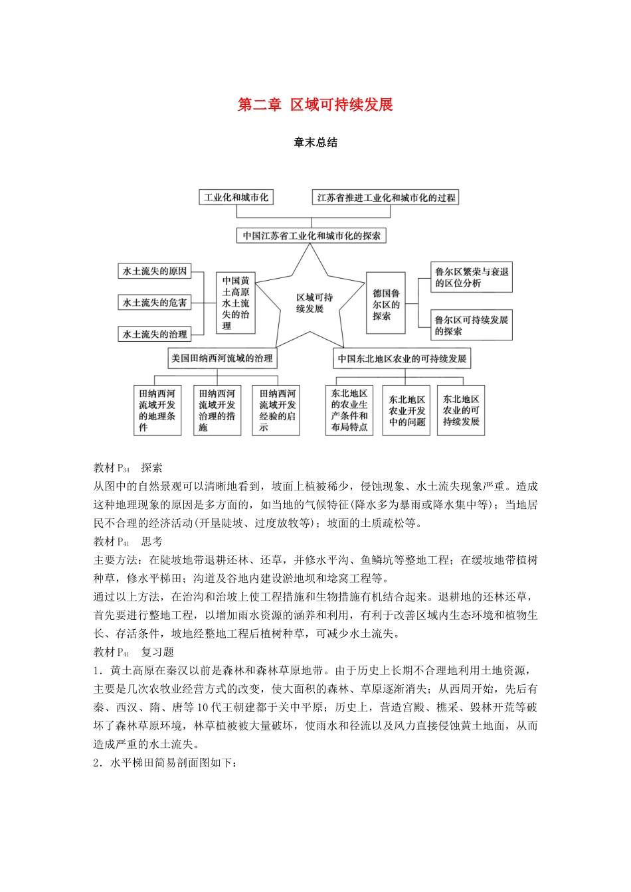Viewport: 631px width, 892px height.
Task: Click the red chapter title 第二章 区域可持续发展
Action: (315, 105)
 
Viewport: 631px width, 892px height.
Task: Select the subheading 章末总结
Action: (315, 143)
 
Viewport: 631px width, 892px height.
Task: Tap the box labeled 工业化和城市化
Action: (236, 197)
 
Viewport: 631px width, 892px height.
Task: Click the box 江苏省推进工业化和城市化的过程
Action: (386, 197)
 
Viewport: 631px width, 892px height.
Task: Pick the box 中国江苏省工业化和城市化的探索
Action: (312, 236)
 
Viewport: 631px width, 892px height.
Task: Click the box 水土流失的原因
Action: (155, 271)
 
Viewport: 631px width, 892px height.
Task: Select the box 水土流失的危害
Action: (155, 303)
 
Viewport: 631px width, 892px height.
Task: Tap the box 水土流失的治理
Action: (155, 334)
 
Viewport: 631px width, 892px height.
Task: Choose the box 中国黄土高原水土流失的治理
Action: (236, 303)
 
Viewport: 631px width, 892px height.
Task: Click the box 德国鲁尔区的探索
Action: (386, 303)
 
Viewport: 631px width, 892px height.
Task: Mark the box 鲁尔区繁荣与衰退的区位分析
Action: (472, 277)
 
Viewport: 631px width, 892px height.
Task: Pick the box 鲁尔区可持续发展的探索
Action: (472, 325)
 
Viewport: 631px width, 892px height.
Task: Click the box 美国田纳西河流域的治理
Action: (222, 358)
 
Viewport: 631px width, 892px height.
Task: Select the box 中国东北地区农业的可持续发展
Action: (402, 358)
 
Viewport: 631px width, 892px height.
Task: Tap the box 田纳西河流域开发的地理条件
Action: (157, 410)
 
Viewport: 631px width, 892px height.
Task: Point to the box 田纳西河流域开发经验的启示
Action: (278, 410)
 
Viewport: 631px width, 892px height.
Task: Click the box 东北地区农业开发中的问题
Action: (406, 410)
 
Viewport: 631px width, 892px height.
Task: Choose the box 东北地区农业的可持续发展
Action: (461, 410)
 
